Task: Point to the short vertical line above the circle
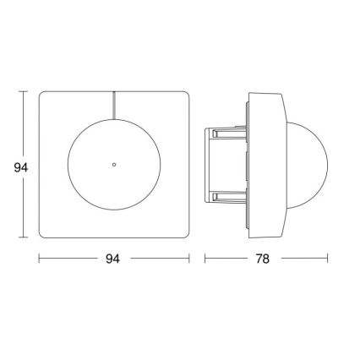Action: [x=112, y=105]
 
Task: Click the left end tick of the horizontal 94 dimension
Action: [x=39, y=258]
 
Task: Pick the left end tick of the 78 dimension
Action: [x=205, y=258]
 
